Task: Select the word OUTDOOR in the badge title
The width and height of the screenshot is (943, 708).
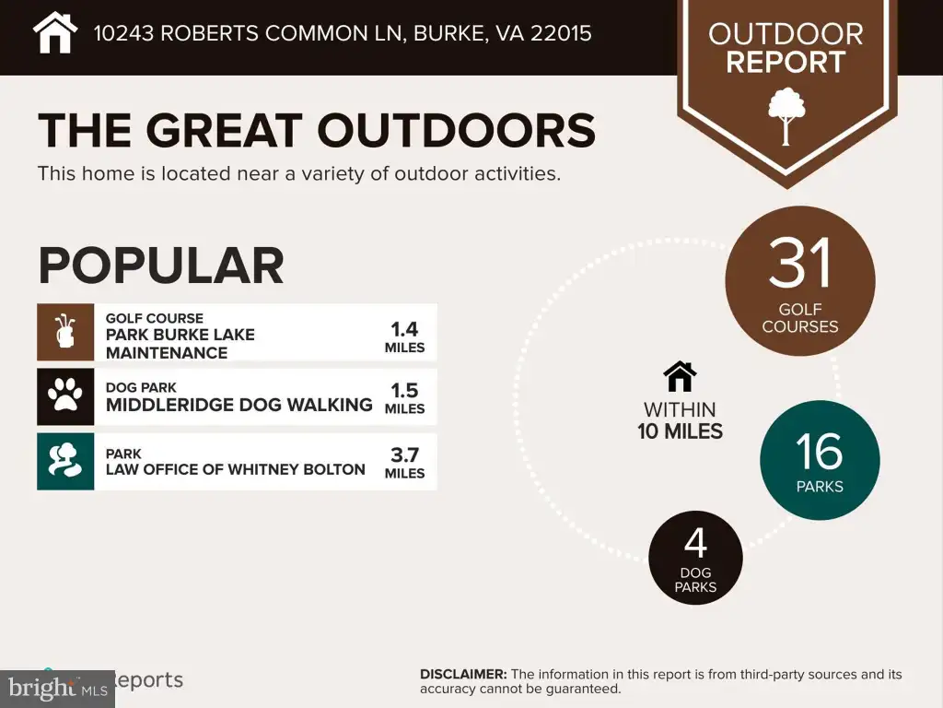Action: [786, 34]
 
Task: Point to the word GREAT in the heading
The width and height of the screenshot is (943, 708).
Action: [225, 130]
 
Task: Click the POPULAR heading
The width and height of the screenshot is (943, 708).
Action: [161, 265]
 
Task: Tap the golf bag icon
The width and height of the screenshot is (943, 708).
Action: [65, 332]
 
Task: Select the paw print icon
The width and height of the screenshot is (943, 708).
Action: [65, 395]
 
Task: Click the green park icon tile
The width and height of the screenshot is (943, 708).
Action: [65, 461]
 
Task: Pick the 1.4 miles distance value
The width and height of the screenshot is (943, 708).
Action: [404, 337]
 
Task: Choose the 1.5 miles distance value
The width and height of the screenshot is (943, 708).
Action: [404, 398]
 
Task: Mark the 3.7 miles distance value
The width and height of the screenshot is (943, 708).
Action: [404, 463]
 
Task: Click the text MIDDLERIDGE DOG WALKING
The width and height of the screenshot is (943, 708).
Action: [239, 405]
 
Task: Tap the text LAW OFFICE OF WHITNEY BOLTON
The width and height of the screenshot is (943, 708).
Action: [235, 469]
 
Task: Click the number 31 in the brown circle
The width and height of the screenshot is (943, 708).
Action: [800, 263]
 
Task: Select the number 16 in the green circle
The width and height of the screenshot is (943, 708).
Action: [819, 451]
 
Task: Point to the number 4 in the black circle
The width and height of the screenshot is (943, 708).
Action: [695, 543]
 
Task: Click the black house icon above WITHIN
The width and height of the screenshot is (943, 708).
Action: [680, 376]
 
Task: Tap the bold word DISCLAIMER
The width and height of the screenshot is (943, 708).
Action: [463, 674]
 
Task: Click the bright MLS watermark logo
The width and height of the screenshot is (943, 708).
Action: [57, 689]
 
